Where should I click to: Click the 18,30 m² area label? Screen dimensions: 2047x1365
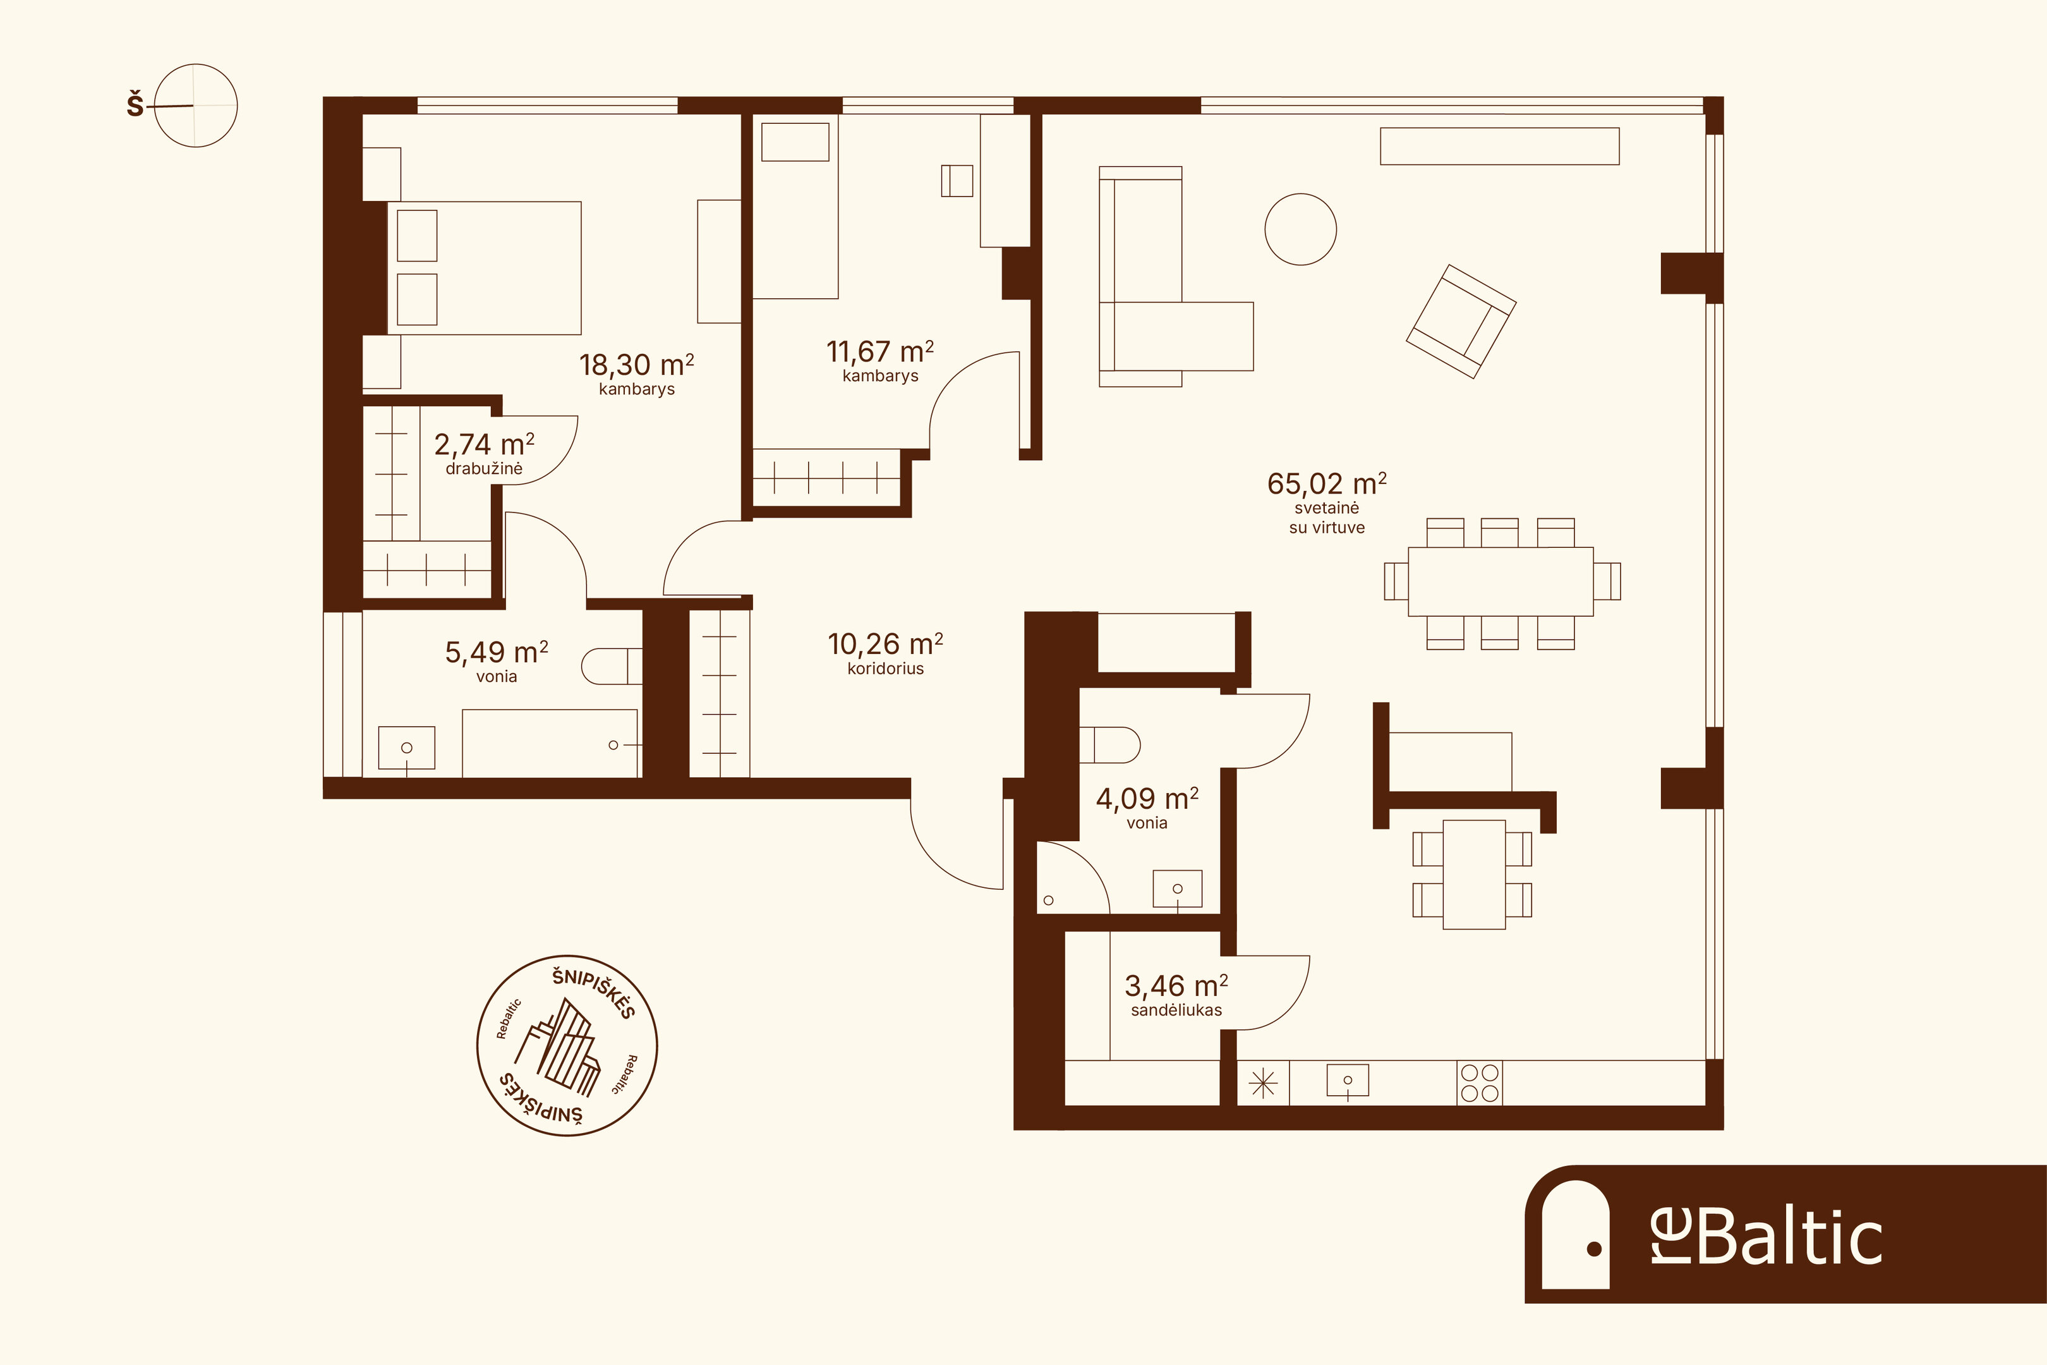[x=636, y=365]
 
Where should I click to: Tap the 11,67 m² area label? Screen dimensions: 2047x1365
[x=880, y=352]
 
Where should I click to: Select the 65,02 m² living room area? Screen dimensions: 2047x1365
[x=1326, y=483]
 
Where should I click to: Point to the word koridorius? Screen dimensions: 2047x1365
[x=885, y=669]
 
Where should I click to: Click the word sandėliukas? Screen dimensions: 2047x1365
[x=1176, y=1010]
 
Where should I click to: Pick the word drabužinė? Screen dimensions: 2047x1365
[x=484, y=468]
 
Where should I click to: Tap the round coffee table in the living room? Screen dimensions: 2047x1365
[x=1300, y=229]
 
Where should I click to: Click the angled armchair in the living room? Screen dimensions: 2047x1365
[x=1461, y=321]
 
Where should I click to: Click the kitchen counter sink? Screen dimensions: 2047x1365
[x=1347, y=1081]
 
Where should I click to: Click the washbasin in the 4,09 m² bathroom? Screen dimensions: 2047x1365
[x=1176, y=889]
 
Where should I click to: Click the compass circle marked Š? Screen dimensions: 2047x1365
[x=196, y=106]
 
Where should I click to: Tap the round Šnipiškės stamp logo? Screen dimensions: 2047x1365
[x=567, y=1045]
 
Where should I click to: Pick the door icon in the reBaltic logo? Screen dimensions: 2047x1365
[x=1575, y=1234]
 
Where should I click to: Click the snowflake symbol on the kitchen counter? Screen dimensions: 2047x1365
[x=1263, y=1084]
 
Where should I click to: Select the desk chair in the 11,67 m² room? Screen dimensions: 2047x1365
[x=957, y=180]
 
